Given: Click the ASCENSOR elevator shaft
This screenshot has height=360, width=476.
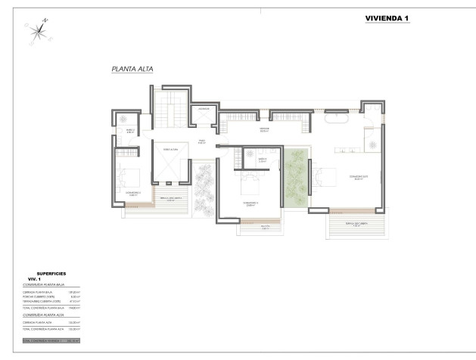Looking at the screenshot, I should pyautogui.click(x=203, y=113).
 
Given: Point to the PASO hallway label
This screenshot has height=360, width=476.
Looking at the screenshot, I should pyautogui.click(x=202, y=141).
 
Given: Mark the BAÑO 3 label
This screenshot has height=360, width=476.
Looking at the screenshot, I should pyautogui.click(x=262, y=160).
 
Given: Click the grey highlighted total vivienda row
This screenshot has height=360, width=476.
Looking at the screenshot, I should pyautogui.click(x=51, y=341).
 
